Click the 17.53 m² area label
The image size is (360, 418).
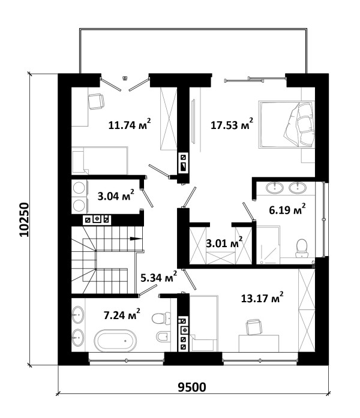point(232,124)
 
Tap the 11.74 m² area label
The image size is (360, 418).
point(130,124)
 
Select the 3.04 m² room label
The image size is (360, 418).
point(116,196)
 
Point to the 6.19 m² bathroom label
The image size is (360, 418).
point(287,210)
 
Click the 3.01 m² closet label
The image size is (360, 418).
point(224,243)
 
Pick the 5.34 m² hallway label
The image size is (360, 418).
point(159,278)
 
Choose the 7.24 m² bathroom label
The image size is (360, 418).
point(122,315)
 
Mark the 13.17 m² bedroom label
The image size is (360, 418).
point(262,298)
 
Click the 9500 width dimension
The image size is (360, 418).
point(192,387)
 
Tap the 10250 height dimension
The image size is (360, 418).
point(24,220)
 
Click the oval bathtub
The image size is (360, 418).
point(115,341)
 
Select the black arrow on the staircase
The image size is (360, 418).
point(136,239)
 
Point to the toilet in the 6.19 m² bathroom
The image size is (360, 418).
point(302,248)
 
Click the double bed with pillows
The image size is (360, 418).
point(286,124)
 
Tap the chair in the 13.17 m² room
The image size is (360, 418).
point(254,327)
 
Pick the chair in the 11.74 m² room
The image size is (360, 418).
point(96,101)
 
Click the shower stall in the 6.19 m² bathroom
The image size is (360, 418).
point(268,245)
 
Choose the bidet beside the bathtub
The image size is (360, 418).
point(163,336)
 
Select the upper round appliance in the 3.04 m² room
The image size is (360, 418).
point(79,187)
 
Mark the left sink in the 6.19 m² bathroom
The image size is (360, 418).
point(275,188)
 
